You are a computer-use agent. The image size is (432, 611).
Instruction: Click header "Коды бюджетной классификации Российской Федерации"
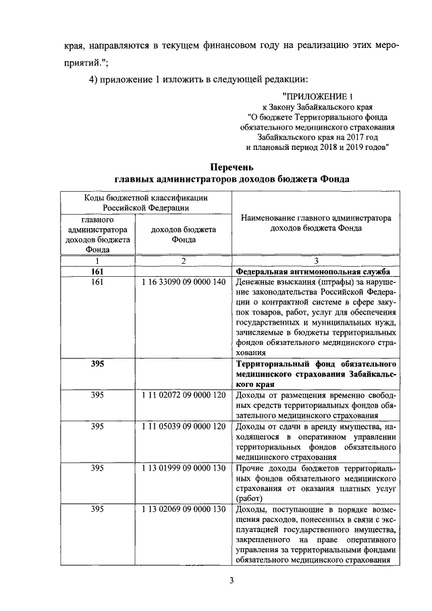pos(145,203)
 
